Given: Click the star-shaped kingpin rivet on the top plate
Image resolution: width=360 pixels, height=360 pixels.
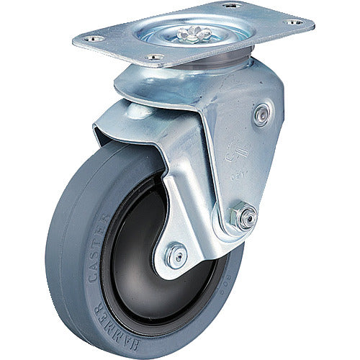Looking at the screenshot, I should [x=197, y=32].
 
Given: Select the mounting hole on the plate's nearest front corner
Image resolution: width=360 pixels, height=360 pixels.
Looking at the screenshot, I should [x=153, y=57].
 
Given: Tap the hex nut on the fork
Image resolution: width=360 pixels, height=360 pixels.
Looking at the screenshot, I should [x=246, y=217].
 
